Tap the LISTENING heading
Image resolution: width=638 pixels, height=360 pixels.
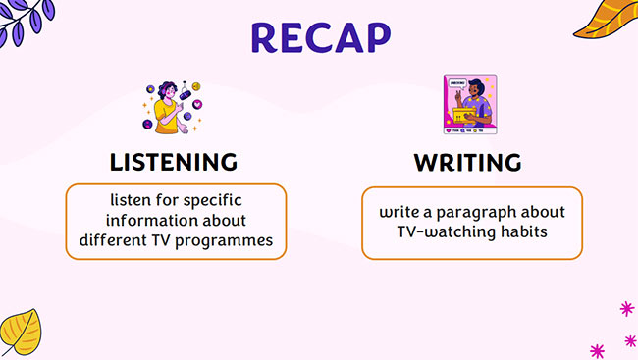point(174,162)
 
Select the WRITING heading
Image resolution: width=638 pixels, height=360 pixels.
point(467,162)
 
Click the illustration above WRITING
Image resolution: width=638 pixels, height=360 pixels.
point(469,104)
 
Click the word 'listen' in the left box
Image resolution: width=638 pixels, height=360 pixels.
point(130,200)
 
